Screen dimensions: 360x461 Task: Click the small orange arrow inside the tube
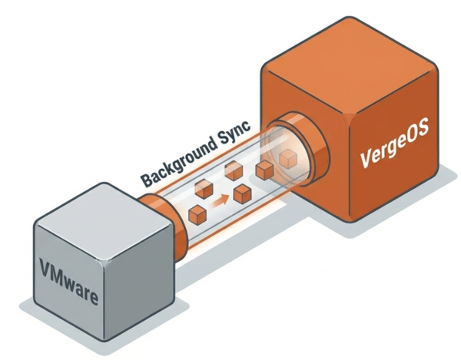[221, 203]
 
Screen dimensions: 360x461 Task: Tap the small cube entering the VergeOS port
[287, 159]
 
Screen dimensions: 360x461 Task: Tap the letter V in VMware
[46, 270]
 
